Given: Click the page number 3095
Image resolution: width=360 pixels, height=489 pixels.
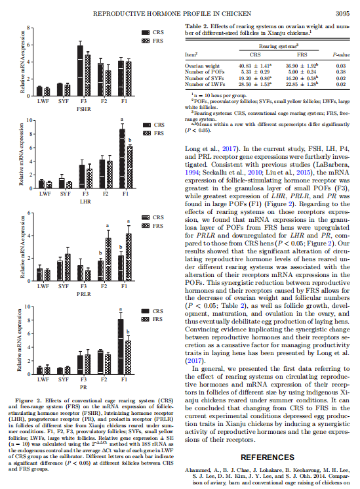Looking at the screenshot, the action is click(342, 14).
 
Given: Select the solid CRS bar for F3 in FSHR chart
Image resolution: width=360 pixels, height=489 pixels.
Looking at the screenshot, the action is click(80, 70).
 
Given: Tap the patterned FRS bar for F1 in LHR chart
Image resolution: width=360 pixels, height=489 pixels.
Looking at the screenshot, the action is click(130, 167).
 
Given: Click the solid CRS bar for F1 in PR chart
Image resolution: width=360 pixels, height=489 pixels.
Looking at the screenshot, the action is click(121, 347).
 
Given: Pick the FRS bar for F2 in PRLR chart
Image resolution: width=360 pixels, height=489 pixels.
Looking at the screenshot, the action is click(108, 259).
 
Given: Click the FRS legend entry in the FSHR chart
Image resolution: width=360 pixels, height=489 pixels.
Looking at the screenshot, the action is click(152, 41).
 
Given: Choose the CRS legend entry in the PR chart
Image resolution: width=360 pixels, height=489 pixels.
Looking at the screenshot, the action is click(152, 311).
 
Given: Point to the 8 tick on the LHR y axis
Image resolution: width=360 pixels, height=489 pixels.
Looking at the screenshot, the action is click(31, 134).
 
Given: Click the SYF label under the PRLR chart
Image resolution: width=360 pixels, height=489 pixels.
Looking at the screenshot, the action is click(63, 286).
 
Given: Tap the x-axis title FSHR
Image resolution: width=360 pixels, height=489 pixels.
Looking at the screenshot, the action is click(83, 109).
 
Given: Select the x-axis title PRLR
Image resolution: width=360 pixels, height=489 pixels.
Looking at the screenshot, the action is click(83, 294).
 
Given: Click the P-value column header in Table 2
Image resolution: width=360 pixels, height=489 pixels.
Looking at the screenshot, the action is click(341, 55).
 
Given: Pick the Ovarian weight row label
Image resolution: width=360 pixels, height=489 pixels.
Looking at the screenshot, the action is click(202, 66).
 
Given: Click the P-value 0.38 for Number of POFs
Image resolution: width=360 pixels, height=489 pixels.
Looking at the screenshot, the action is click(341, 72).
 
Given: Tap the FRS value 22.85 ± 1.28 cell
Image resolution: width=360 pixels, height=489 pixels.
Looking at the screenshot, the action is click(302, 84).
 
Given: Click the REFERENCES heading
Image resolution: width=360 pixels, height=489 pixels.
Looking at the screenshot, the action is click(268, 457).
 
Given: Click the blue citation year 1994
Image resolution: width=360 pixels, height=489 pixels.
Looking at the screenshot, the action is click(191, 173).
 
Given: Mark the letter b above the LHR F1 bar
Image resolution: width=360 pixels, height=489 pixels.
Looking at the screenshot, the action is click(130, 140).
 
